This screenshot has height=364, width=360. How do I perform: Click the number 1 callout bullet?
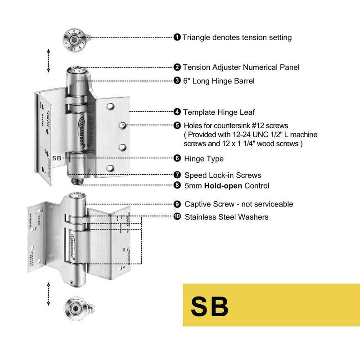pos(177,37)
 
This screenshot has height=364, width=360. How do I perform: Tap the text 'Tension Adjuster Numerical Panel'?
pos(241,67)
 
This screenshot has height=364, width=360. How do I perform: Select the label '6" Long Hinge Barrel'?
pos(218,81)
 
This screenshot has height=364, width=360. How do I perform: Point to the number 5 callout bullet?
pos(177,126)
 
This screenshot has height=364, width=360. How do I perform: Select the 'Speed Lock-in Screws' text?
pos(223,175)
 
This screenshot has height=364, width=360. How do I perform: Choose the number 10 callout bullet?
pos(177,217)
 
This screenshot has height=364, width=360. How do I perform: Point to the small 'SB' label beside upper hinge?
pos(57,158)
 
